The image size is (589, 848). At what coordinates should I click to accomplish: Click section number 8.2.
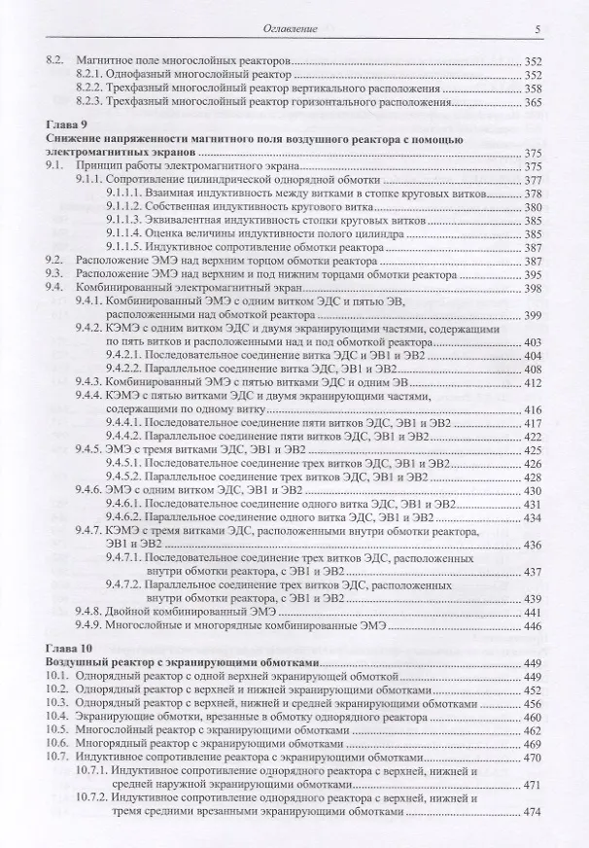(x=57, y=60)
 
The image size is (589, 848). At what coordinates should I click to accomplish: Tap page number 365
(x=531, y=101)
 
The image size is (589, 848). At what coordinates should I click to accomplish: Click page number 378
(x=531, y=194)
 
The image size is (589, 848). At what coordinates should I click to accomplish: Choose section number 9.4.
(x=57, y=289)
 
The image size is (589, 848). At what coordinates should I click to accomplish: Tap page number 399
(x=531, y=316)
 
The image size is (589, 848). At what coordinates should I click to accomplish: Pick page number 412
(x=531, y=384)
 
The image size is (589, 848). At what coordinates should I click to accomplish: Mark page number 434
(x=531, y=518)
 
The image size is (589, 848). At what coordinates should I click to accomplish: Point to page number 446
(x=531, y=626)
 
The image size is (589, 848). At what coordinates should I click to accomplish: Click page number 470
(x=531, y=757)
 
